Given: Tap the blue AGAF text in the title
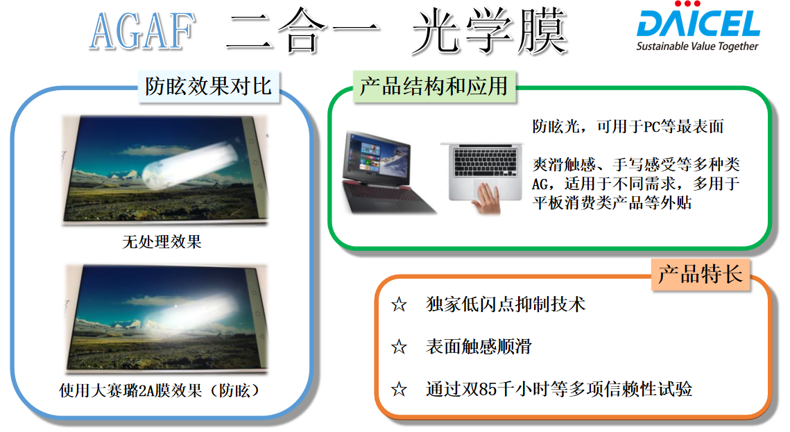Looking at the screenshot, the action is pyautogui.click(x=142, y=31).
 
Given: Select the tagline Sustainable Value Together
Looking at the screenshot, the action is pyautogui.click(x=697, y=46).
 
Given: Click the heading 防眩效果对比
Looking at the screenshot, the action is pyautogui.click(x=209, y=87).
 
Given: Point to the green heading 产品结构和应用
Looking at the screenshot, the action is pyautogui.click(x=433, y=87).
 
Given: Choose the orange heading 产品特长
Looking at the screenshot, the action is pyautogui.click(x=701, y=275).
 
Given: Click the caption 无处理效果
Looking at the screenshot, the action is pyautogui.click(x=162, y=242).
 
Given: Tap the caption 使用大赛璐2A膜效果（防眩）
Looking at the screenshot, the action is pyautogui.click(x=160, y=390).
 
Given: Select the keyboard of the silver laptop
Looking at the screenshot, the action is pyautogui.click(x=486, y=162).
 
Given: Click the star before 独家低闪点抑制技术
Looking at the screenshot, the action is pyautogui.click(x=399, y=304).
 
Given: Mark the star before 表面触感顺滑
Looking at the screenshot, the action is pyautogui.click(x=399, y=347).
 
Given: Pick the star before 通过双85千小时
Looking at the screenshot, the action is pyautogui.click(x=399, y=389).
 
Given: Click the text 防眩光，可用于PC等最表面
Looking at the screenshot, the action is pyautogui.click(x=628, y=126).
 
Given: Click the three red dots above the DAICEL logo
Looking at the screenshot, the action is pyautogui.click(x=687, y=4).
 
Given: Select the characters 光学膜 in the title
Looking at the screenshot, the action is pyautogui.click(x=490, y=31).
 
